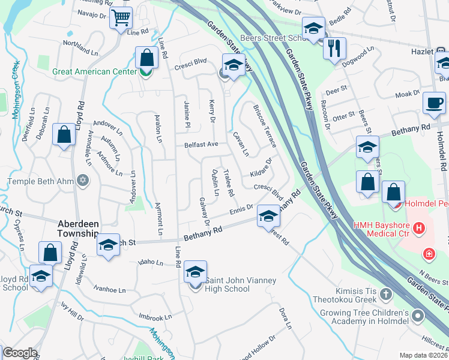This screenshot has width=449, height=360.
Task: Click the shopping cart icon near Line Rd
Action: click(121, 17)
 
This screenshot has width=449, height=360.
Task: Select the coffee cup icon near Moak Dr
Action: click(434, 101)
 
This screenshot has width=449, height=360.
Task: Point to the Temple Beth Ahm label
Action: click(41, 181)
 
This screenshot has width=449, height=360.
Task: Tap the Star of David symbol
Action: click(83, 181)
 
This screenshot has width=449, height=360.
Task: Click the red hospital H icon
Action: click(419, 228)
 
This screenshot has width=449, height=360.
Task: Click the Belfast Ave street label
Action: click(201, 145)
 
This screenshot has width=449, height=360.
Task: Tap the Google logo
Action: click(20, 353)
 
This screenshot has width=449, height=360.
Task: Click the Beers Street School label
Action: click(274, 38)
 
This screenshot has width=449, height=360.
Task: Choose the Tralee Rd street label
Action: click(228, 183)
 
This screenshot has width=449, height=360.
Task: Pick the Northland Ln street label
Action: click(79, 47)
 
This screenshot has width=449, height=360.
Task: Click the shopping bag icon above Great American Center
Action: click(146, 58)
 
